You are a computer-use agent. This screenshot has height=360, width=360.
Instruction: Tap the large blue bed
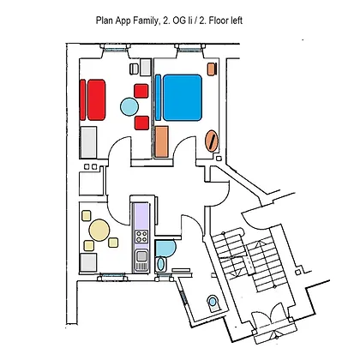(183, 97)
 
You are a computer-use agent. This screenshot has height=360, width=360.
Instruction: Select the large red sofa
(96, 99)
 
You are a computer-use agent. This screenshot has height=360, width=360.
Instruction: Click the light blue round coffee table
(129, 106)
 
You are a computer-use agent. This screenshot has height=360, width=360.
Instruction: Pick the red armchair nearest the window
(141, 91)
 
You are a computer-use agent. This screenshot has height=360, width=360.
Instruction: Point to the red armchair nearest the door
(141, 123)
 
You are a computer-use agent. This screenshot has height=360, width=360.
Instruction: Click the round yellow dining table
(99, 230)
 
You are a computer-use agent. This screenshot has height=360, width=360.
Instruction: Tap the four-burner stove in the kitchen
(141, 237)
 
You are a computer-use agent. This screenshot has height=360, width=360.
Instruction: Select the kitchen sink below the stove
(141, 260)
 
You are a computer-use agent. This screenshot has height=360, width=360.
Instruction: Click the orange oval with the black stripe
(212, 141)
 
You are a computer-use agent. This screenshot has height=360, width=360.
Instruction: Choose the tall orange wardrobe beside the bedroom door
(161, 142)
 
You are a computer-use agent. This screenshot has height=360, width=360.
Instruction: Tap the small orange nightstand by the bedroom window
(212, 69)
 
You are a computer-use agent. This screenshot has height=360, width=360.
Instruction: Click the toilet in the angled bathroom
(213, 303)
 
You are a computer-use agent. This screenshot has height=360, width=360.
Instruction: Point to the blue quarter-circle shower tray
(165, 248)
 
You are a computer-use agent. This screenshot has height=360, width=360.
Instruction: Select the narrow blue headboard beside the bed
(158, 97)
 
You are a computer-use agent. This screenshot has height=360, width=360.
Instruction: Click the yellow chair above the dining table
(87, 215)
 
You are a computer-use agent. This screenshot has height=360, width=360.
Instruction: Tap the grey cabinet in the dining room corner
(88, 262)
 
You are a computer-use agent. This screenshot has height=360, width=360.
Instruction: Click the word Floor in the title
(219, 21)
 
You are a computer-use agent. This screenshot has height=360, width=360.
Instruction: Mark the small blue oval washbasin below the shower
(161, 264)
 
